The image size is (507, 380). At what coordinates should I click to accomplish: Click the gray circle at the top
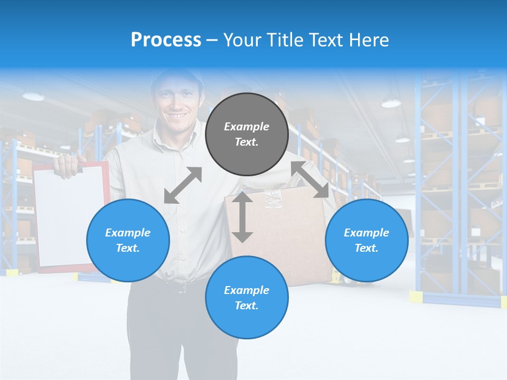tap(247, 135)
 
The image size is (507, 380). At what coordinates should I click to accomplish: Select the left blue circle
tap(128, 240)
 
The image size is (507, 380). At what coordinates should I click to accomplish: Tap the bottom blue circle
tap(247, 298)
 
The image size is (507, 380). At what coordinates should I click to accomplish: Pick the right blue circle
tap(367, 240)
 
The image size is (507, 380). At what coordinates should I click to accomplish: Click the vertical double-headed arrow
tap(242, 217)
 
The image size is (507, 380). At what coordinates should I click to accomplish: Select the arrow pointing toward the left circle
tap(183, 185)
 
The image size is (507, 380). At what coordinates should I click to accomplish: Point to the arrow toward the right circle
tap(310, 179)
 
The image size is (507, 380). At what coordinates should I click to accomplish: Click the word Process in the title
tap(166, 40)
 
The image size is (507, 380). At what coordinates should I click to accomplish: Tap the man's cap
tap(176, 77)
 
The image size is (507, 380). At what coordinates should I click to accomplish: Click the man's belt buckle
tap(181, 288)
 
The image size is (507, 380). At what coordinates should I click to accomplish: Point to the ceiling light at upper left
tap(33, 96)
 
